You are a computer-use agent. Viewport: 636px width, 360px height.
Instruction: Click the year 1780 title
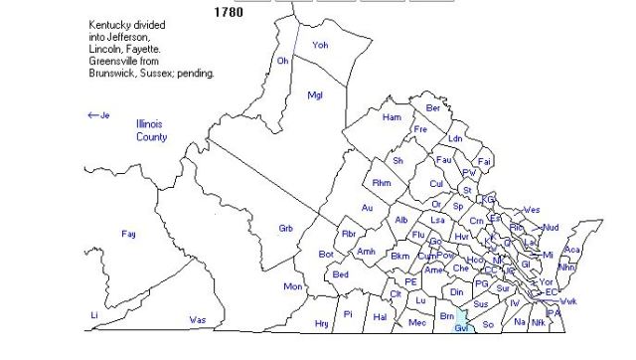pos(229,13)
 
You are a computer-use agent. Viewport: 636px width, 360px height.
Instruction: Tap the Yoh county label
pos(320,46)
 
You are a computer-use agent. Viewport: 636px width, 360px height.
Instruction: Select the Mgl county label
pos(315,94)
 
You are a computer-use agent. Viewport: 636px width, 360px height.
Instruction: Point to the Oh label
pos(282,61)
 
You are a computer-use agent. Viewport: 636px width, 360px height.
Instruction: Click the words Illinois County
pos(151,130)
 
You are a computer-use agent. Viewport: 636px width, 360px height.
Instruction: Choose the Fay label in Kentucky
pos(127,234)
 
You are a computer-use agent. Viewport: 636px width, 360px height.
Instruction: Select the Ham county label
pos(392,117)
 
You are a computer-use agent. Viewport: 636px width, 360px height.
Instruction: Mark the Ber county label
pos(432,107)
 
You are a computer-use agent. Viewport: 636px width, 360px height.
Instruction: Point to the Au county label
pos(367,207)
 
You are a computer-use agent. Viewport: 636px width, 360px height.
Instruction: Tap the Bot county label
pos(325,254)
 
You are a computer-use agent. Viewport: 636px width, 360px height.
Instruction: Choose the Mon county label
pos(292,286)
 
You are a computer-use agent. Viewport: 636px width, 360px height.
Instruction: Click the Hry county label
pos(321,323)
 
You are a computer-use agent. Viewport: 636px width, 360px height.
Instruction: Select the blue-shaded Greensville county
pos(460,324)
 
